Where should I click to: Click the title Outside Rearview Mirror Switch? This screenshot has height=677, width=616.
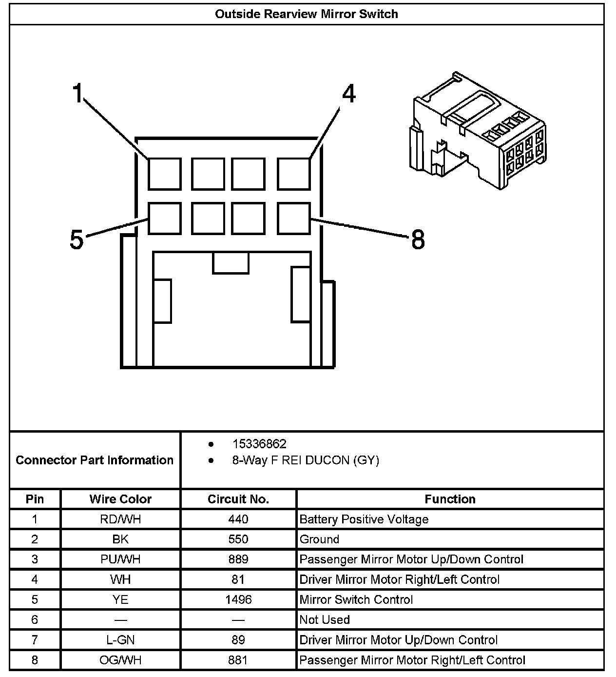307,14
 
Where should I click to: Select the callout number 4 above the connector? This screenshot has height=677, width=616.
348,94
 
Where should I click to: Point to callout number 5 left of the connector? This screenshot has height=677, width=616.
77,239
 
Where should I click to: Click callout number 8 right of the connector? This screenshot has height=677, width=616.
418,239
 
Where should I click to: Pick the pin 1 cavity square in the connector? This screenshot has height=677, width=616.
165,174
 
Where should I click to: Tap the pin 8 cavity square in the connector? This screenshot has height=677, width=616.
294,218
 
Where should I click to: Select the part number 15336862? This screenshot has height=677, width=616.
259,444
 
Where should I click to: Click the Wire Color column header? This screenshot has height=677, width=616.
120,499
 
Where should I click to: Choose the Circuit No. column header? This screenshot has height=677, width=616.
238,499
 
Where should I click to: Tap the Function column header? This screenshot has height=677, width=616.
450,499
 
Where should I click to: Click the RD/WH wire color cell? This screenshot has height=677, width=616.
120,519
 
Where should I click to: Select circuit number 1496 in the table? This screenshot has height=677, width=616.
238,599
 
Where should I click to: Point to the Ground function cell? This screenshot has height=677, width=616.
320,539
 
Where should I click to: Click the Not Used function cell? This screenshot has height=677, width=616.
325,619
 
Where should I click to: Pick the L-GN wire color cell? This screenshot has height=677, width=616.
120,640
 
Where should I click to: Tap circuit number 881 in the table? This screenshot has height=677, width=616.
238,660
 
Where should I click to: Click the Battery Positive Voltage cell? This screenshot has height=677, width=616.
364,519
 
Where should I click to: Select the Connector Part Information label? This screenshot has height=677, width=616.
95,460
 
